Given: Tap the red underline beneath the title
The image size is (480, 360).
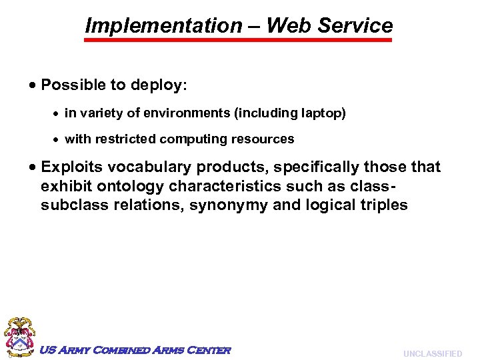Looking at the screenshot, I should pyautogui.click(x=239, y=41).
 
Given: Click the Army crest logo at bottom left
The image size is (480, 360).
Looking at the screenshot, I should pyautogui.click(x=19, y=337).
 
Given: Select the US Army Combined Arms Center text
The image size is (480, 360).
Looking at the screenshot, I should pyautogui.click(x=135, y=350).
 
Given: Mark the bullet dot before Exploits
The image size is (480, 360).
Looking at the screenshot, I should pyautogui.click(x=33, y=167).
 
